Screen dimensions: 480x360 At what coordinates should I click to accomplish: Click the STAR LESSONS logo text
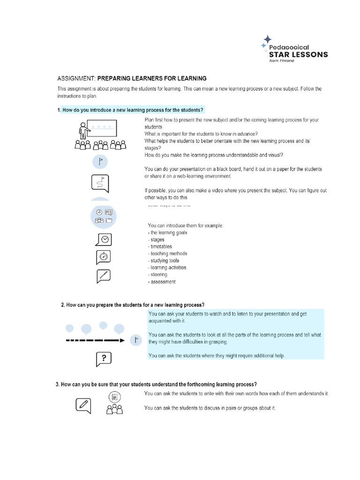[299, 54]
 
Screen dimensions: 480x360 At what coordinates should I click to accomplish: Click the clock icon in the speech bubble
[104, 239]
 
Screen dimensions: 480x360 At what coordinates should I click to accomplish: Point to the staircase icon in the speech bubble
[104, 276]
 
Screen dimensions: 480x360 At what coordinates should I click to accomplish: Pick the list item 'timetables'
[161, 247]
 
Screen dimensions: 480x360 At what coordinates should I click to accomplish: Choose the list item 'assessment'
[163, 282]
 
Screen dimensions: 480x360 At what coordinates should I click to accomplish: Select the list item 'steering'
[158, 275]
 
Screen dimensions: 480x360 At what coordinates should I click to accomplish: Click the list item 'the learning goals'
[167, 232]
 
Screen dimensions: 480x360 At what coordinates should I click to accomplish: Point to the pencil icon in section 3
[83, 404]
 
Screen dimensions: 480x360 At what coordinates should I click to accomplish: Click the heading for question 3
[156, 384]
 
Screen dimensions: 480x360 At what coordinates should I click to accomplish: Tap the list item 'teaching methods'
[168, 254]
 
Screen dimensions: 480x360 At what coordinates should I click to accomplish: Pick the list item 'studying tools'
[165, 261]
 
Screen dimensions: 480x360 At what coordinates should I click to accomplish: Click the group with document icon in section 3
[114, 403]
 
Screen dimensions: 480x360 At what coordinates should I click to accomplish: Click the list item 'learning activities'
[168, 268]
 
